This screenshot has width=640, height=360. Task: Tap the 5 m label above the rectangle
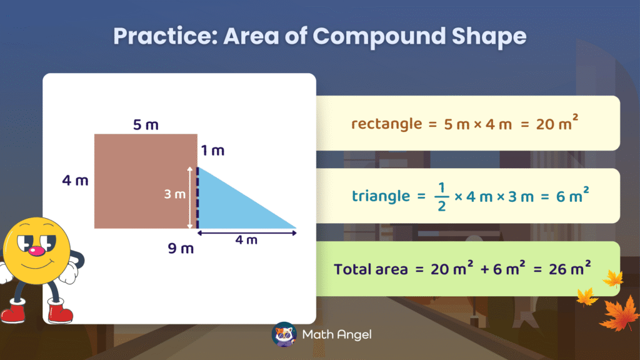click(x=146, y=125)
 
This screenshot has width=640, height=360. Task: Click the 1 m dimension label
click(x=212, y=151)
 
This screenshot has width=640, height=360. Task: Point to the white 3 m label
click(x=175, y=194)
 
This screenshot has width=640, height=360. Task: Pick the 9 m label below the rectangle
click(x=181, y=249)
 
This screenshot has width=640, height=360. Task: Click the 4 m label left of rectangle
click(x=75, y=181)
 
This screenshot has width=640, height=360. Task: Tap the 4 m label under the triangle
click(x=247, y=241)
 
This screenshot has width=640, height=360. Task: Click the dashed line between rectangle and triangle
click(x=197, y=197)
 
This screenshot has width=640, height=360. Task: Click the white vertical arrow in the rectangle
click(x=190, y=197)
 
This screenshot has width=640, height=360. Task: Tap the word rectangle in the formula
click(x=386, y=124)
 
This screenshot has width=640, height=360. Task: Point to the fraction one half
click(x=441, y=196)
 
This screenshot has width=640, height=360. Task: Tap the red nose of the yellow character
click(x=39, y=251)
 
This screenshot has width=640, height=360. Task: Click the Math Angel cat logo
click(x=284, y=334)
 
